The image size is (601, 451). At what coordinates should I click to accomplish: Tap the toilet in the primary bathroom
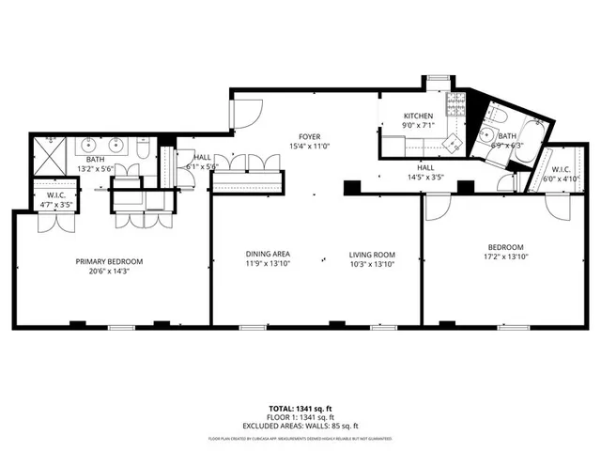[141, 150]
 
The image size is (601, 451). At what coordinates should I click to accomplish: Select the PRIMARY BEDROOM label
[108, 262]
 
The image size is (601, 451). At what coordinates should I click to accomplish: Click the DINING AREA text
[267, 255]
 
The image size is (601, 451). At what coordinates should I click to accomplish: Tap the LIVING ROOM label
[372, 255]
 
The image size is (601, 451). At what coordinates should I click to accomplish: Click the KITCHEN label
[418, 116]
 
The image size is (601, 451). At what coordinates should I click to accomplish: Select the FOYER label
[310, 135]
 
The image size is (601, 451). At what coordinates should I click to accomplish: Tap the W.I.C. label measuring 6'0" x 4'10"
[562, 170]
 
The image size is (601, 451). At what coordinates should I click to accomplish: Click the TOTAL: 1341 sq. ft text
[300, 408]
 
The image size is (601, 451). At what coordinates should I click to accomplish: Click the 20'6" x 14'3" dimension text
[108, 272]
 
